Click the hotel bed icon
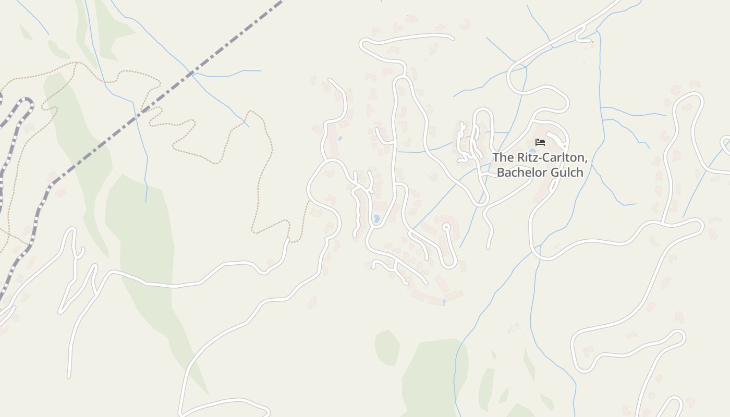[540, 142]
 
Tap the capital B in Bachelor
[501, 173]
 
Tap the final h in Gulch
[579, 173]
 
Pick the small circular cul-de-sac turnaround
[446, 227]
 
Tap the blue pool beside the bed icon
[532, 150]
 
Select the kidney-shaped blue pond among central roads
[376, 218]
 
